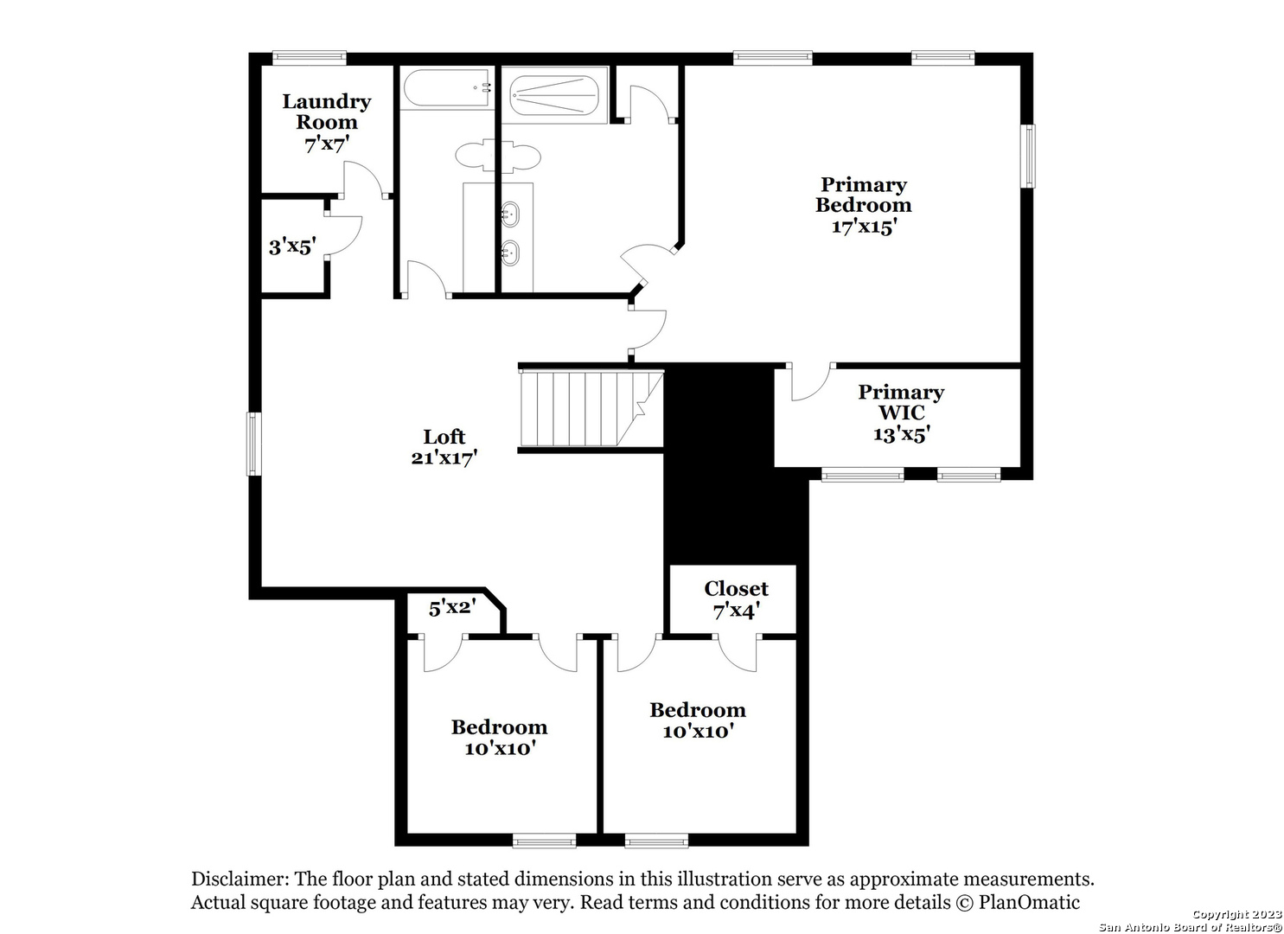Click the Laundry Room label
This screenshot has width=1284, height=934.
tap(327, 112)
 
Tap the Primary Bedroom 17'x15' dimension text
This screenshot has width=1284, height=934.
tap(864, 227)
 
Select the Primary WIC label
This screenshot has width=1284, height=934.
tap(901, 402)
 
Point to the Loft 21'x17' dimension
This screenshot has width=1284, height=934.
tap(444, 457)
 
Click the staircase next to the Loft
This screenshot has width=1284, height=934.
tap(591, 408)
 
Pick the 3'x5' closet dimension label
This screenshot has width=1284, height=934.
tap(292, 246)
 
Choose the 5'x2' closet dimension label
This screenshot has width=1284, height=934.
tap(453, 607)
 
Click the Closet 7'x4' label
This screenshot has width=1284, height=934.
tap(736, 599)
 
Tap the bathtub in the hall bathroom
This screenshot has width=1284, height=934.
tap(446, 87)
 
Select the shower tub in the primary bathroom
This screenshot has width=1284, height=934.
tap(554, 95)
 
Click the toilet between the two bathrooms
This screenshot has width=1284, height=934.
tap(497, 155)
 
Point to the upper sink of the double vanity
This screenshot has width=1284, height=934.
tap(509, 214)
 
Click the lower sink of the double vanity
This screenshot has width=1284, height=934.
tap(509, 253)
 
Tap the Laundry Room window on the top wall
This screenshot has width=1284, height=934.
tap(310, 57)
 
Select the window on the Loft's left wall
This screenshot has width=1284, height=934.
tap(253, 444)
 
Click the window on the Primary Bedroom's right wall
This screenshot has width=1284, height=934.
tap(1030, 156)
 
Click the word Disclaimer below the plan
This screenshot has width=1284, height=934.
tap(240, 879)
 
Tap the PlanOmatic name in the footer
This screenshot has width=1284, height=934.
tap(1029, 903)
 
